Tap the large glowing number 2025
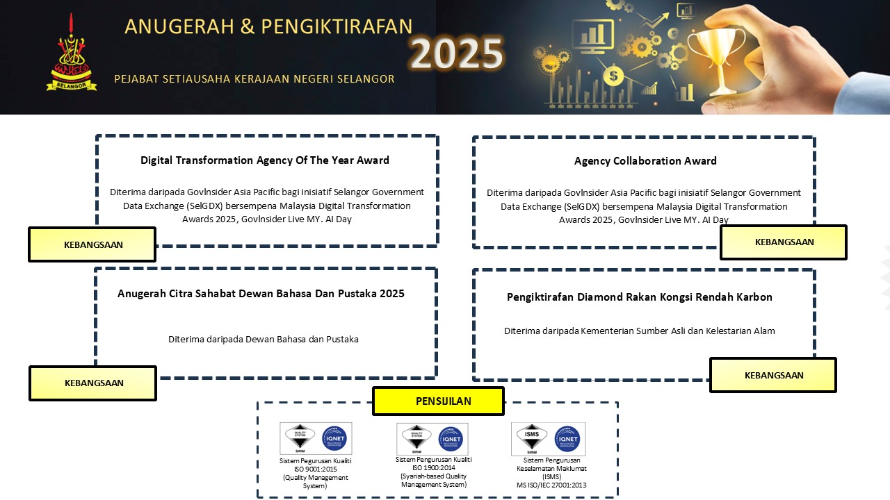tap(456, 53)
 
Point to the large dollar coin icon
tap(613, 74)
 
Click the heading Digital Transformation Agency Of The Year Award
tap(265, 160)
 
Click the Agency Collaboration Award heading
tap(645, 161)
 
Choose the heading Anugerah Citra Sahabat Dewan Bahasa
tap(261, 294)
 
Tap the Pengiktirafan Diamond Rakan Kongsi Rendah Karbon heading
tap(640, 297)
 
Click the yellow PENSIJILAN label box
tap(438, 401)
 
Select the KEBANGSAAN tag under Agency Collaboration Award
tap(784, 242)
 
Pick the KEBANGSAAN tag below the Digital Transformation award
tap(92, 244)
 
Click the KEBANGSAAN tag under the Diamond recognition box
tap(773, 375)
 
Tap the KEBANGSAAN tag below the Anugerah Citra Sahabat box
tap(93, 383)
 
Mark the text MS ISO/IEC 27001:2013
tap(551, 485)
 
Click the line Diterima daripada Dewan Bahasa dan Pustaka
tap(264, 340)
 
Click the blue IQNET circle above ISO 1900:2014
tap(451, 439)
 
